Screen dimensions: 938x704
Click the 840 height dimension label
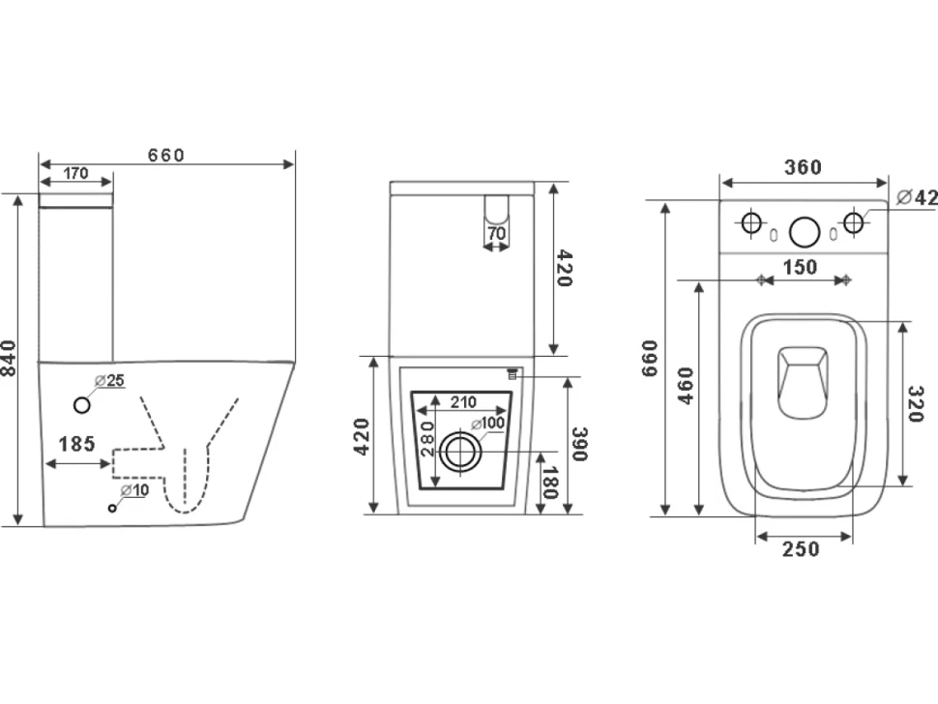9,358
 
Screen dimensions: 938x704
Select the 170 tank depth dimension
76,173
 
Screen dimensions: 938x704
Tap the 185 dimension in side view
76,444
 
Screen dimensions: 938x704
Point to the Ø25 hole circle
82,405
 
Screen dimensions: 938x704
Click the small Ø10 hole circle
112,508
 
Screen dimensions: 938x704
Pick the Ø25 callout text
109,380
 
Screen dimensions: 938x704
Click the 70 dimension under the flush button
496,233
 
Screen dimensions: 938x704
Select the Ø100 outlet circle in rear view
460,453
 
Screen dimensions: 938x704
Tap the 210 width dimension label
463,402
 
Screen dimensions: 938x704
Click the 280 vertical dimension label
427,438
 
